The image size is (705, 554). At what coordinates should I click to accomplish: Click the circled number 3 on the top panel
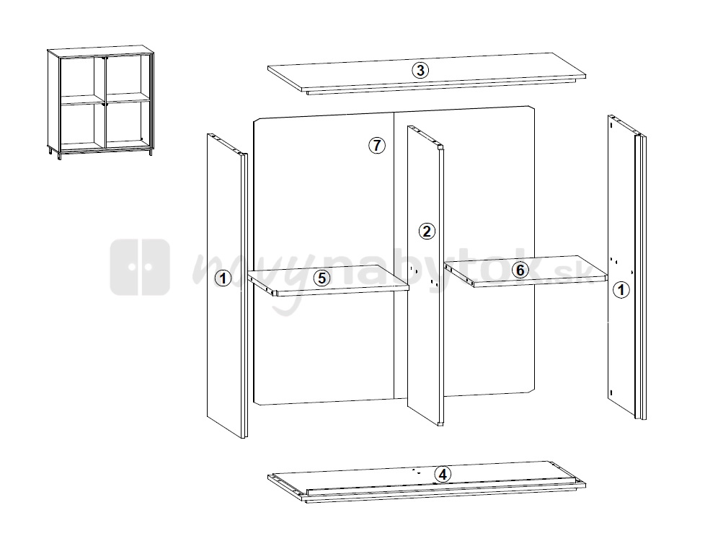pyautogui.click(x=420, y=70)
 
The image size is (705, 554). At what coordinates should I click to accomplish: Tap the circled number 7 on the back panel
pyautogui.click(x=377, y=146)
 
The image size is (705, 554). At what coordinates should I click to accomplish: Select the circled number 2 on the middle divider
pyautogui.click(x=427, y=232)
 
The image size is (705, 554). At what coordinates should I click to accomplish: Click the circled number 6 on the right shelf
pyautogui.click(x=520, y=270)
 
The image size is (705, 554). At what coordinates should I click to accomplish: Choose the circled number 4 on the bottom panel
pyautogui.click(x=443, y=475)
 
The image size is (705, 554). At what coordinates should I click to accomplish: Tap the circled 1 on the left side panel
pyautogui.click(x=223, y=278)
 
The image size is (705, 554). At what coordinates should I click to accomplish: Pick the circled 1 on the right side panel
pyautogui.click(x=621, y=290)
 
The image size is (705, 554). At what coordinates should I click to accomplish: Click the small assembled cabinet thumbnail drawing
pyautogui.click(x=100, y=100)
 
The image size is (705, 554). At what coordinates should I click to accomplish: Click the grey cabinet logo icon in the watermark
pyautogui.click(x=140, y=267)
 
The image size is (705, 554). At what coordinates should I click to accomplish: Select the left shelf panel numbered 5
pyautogui.click(x=328, y=281)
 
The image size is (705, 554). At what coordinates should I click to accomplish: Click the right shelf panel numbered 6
pyautogui.click(x=526, y=271)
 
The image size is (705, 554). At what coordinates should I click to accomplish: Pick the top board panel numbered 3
pyautogui.click(x=427, y=74)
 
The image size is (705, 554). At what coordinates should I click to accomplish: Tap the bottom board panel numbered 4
pyautogui.click(x=427, y=482)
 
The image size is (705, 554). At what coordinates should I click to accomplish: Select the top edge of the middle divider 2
pyautogui.click(x=425, y=137)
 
